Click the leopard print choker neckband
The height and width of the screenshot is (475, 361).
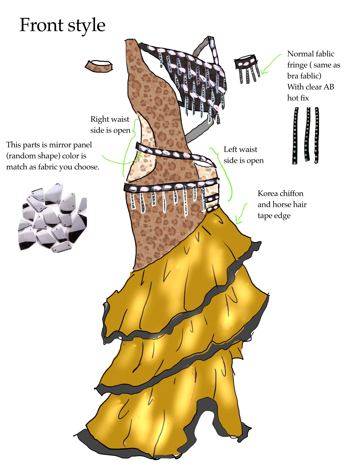click(x=98, y=66)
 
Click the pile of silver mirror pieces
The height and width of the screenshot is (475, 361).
click(x=53, y=218)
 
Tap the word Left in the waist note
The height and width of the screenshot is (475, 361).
click(x=230, y=149)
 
